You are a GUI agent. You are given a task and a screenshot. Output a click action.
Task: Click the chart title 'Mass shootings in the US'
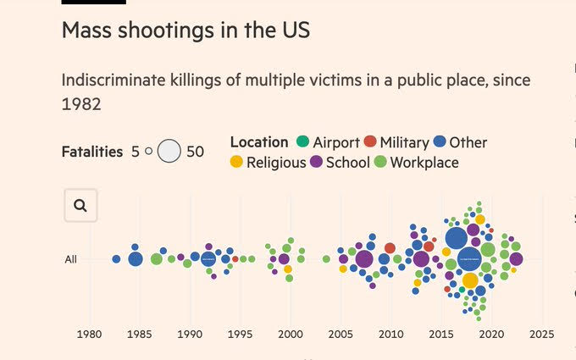(186, 31)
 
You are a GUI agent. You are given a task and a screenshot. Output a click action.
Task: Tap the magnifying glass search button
(80, 205)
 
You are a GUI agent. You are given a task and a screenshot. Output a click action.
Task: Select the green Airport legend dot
(302, 142)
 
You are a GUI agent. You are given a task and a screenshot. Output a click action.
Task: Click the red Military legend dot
(369, 142)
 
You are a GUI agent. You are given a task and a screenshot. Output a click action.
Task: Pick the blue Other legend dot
(440, 142)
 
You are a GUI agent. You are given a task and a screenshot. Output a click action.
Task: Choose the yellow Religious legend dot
(236, 163)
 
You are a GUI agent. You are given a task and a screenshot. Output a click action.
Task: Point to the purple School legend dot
(316, 163)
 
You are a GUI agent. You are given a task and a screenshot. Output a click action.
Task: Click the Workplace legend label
(424, 163)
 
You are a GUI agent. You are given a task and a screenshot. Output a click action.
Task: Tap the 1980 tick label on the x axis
(90, 334)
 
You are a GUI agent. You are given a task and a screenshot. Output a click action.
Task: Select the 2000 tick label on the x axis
(291, 334)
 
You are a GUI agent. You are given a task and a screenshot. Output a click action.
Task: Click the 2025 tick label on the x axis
(541, 334)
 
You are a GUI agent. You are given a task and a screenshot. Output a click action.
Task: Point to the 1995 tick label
(241, 334)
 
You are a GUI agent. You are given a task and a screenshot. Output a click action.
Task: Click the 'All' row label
(71, 259)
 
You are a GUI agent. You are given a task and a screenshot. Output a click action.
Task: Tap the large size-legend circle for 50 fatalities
(169, 152)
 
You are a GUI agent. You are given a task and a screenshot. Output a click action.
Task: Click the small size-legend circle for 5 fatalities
(148, 152)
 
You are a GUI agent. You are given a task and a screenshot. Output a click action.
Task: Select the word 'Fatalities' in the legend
(92, 152)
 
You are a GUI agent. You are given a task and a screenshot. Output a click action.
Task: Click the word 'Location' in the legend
(259, 142)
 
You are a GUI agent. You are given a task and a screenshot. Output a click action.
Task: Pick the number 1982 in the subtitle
(81, 104)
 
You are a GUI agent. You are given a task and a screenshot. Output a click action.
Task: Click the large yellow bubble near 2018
(470, 280)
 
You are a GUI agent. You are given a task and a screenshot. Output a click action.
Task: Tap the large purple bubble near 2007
(364, 259)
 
